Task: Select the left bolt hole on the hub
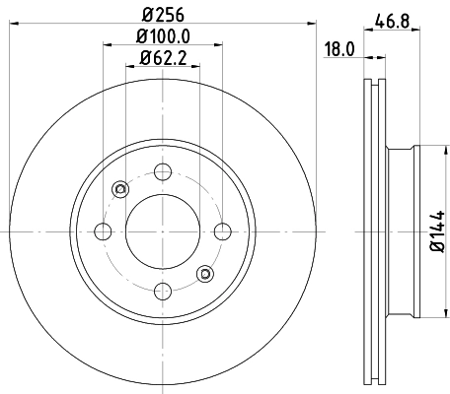click(102, 231)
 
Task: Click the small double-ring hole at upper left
click(120, 189)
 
